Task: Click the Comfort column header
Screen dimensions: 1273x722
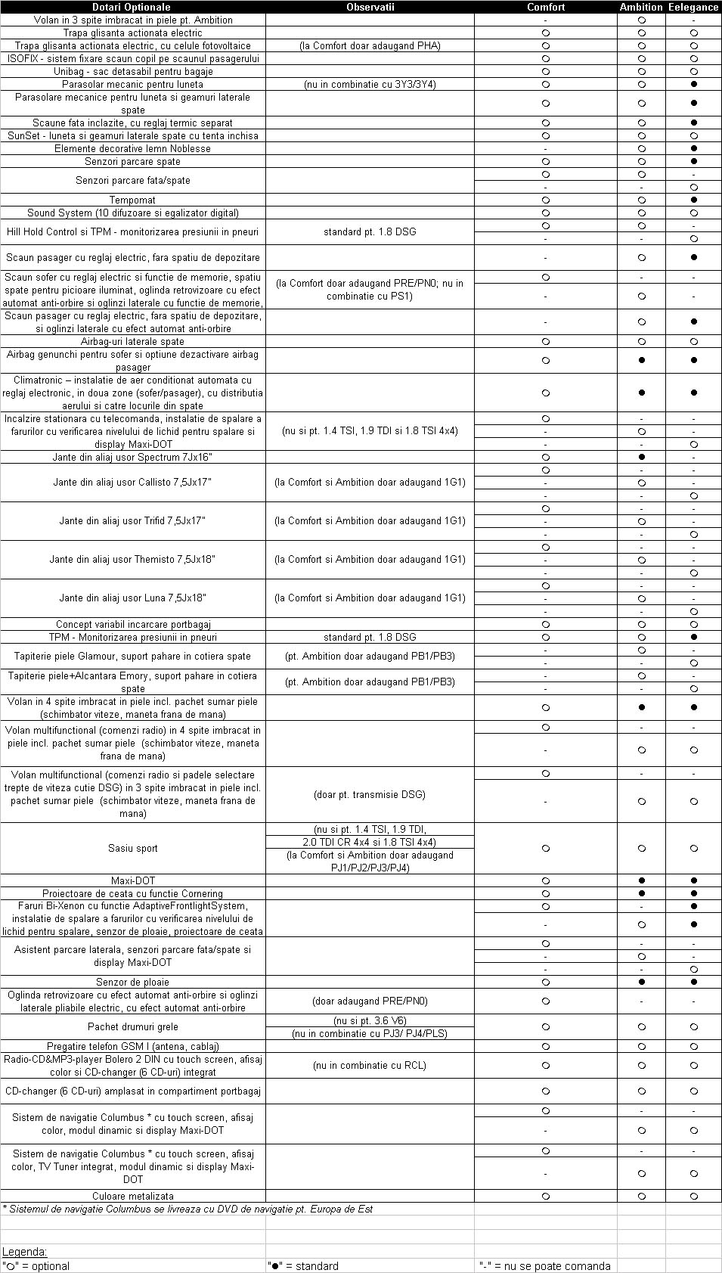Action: (546, 7)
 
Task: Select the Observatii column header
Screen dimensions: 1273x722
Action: (370, 7)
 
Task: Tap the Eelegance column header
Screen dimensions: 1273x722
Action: (693, 7)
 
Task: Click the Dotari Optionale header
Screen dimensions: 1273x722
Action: (132, 7)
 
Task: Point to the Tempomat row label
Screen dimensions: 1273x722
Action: (132, 200)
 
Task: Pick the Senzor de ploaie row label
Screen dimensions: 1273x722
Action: (132, 982)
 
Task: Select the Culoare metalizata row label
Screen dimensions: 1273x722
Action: (133, 1196)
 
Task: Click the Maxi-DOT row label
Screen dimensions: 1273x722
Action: (133, 880)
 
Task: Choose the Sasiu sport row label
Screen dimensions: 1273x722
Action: (133, 848)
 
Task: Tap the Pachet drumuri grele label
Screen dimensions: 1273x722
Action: (133, 1026)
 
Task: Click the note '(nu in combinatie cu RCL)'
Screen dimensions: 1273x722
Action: (370, 1065)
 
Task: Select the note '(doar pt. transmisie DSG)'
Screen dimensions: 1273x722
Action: (370, 794)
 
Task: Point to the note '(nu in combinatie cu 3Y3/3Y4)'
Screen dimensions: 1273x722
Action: (370, 84)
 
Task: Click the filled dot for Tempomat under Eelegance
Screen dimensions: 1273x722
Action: (694, 200)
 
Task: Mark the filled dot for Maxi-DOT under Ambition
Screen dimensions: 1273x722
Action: (642, 880)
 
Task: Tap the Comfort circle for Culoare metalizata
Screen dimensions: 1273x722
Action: (546, 1196)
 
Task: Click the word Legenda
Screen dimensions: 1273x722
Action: (24, 1252)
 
